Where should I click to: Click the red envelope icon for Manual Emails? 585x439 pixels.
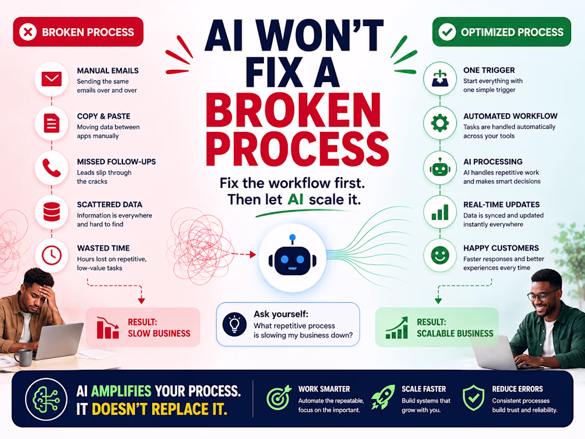52,79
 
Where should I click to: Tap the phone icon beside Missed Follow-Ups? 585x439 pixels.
52,168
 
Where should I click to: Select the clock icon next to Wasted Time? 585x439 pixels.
52,255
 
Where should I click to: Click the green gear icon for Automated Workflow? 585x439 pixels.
440,123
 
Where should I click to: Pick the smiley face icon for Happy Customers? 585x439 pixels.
440,256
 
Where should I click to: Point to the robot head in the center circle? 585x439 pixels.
292,258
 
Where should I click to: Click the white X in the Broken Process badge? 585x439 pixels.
28,32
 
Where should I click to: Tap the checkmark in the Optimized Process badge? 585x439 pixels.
447,32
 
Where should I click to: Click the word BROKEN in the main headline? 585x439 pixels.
293,111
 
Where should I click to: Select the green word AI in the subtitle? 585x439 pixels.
295,200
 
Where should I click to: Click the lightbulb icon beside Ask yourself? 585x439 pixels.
235,324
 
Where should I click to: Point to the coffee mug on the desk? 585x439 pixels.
23,357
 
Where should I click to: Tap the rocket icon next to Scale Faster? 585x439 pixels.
383,397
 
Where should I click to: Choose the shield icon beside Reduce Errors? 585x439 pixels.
473,397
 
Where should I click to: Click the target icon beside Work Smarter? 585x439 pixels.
279,397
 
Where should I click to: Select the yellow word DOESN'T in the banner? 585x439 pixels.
120,409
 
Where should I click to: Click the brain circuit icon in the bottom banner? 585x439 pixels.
46,400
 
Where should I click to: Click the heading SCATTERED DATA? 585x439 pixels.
110,204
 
